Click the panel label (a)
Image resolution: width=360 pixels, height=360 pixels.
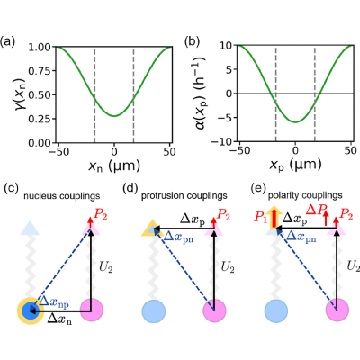coord(7,41)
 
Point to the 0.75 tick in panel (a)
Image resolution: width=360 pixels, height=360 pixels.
coord(40,71)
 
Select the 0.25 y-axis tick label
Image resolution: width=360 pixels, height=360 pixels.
coord(40,120)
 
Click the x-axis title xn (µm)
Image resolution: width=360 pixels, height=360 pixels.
coord(114,166)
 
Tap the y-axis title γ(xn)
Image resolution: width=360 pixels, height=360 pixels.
coord(21,94)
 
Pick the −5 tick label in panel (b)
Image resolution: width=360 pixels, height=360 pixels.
coord(226,118)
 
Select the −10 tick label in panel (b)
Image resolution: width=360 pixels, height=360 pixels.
coord(223,141)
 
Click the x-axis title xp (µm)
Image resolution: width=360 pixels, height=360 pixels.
coord(296,165)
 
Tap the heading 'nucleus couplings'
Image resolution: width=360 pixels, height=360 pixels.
coord(62,196)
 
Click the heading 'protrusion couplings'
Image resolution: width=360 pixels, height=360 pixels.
coord(184,196)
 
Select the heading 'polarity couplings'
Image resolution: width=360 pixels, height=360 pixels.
coord(305,195)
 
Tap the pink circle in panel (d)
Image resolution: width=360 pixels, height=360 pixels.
coord(214,310)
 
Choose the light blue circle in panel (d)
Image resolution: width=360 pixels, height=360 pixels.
coord(154,310)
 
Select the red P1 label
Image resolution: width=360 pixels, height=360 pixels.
coord(260,217)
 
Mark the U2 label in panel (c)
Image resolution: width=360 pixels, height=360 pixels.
coord(106,267)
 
